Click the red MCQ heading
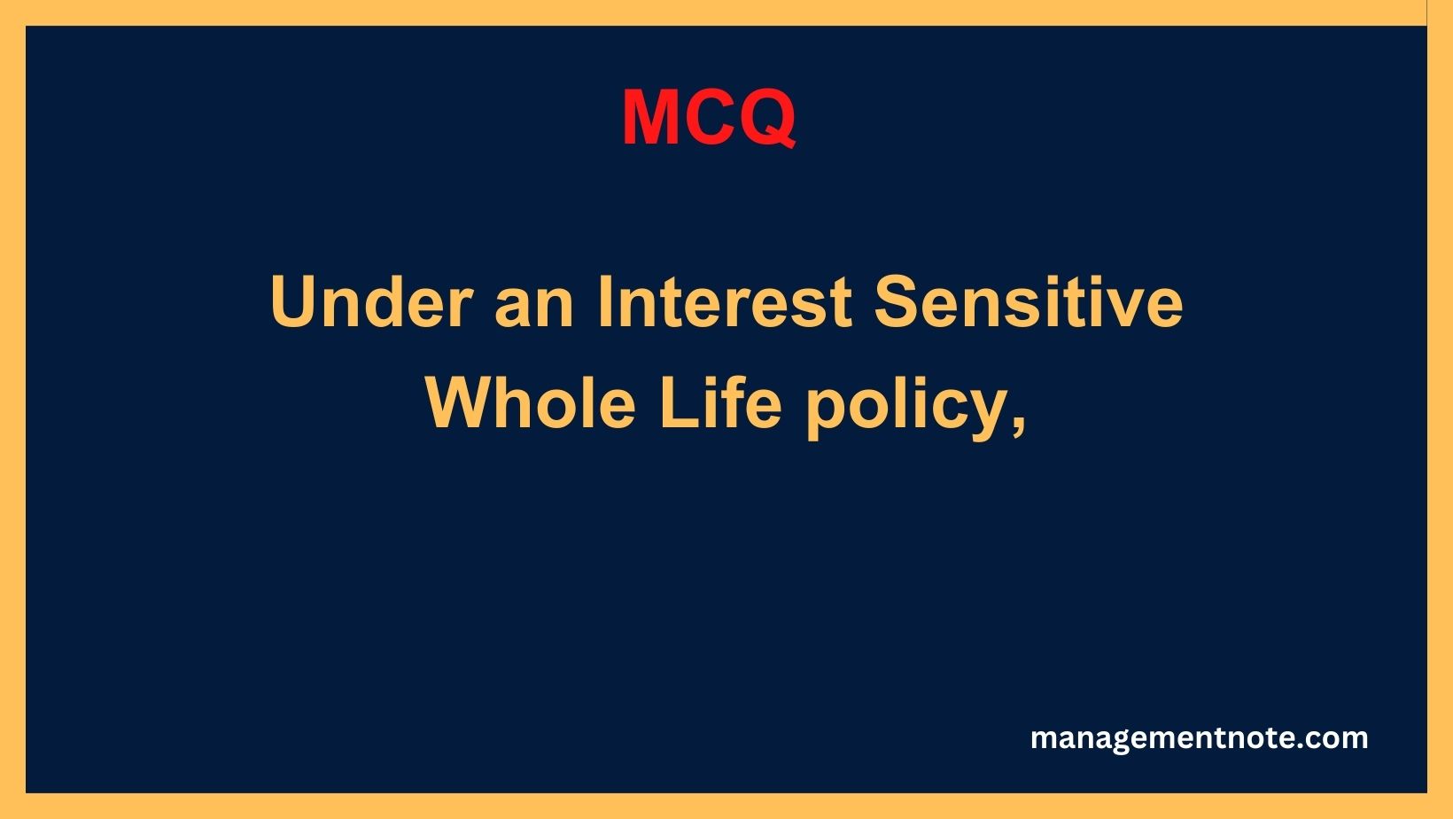[709, 118]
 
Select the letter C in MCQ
[708, 118]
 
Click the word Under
[371, 302]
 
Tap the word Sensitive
[1029, 301]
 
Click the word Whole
[531, 403]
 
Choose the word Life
[720, 403]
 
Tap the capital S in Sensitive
[898, 301]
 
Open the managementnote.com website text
[1200, 738]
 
